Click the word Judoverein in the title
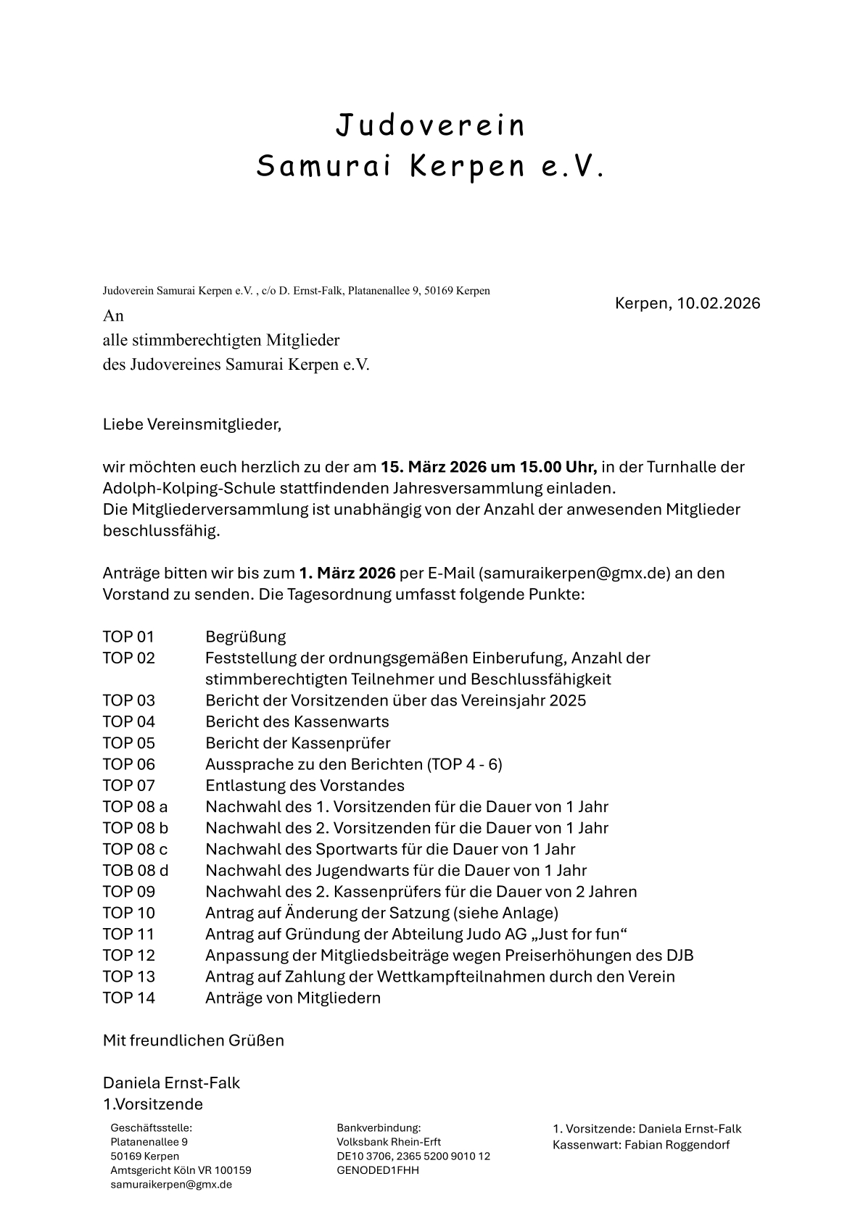(430, 125)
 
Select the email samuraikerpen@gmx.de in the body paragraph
(573, 573)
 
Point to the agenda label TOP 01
(128, 637)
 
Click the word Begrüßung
(246, 637)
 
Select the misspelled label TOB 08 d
(136, 870)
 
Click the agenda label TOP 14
(129, 997)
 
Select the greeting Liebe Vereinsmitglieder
(191, 424)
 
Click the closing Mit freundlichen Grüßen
(194, 1040)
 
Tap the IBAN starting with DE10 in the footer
(413, 1156)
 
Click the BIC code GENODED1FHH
(378, 1170)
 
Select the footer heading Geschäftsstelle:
(151, 1128)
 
